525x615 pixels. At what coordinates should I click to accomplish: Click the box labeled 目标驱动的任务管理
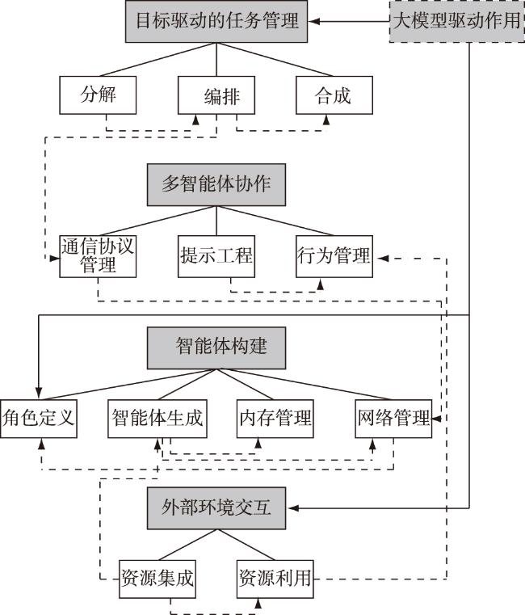pos(216,21)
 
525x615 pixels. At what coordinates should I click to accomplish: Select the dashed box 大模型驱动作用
pos(457,21)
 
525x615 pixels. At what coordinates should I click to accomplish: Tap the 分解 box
pos(98,95)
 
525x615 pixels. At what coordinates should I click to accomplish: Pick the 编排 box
pos(216,95)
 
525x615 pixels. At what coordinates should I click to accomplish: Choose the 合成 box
pos(334,95)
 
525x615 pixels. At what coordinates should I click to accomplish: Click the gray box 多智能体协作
pos(216,185)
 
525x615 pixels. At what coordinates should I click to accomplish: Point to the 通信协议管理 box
pos(98,256)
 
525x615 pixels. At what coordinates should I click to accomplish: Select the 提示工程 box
pos(216,256)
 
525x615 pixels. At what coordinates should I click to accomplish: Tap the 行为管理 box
pos(334,256)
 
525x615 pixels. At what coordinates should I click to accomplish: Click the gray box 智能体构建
pos(216,348)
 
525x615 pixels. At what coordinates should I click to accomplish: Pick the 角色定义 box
pos(39,419)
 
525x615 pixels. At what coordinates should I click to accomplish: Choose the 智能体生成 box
pos(157,419)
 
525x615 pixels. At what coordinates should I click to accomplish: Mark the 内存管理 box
pos(275,419)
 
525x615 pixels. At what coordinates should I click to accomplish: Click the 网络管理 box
pos(393,419)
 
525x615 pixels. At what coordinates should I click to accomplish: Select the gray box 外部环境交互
pos(216,508)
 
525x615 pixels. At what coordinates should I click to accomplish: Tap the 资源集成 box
pos(157,579)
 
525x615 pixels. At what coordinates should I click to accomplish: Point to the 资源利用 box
pos(275,579)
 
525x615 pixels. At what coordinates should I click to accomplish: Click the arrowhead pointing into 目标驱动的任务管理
pos(314,21)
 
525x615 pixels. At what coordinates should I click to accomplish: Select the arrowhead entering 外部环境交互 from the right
pos(293,508)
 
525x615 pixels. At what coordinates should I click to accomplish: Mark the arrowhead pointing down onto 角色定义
pos(39,394)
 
